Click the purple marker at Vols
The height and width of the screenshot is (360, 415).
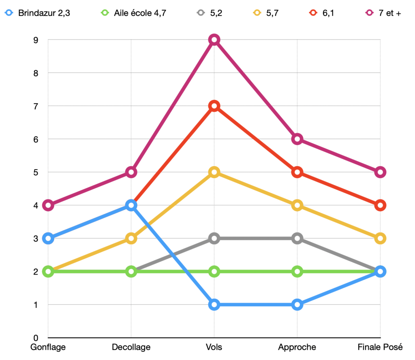pyautogui.click(x=214, y=40)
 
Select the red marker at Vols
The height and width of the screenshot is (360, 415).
pyautogui.click(x=214, y=106)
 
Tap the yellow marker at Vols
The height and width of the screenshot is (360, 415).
pyautogui.click(x=214, y=172)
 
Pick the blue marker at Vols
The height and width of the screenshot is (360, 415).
pyautogui.click(x=214, y=305)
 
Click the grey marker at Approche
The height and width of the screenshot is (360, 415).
pyautogui.click(x=297, y=238)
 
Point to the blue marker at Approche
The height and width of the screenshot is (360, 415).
pyautogui.click(x=297, y=305)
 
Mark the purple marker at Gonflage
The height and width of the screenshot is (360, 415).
pyautogui.click(x=48, y=205)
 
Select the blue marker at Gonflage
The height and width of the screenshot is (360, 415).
pyautogui.click(x=48, y=238)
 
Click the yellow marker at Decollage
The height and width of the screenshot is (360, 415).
pyautogui.click(x=131, y=238)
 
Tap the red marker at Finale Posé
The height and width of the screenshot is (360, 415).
pyautogui.click(x=380, y=205)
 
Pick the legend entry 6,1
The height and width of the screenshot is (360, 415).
pyautogui.click(x=324, y=13)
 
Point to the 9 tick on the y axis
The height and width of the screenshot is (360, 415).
pyautogui.click(x=36, y=40)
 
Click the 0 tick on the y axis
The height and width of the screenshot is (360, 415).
pyautogui.click(x=36, y=338)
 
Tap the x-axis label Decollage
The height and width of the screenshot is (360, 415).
pyautogui.click(x=131, y=347)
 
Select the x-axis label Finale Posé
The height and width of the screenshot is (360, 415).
pyautogui.click(x=380, y=347)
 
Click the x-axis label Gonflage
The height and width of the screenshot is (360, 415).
pyautogui.click(x=48, y=347)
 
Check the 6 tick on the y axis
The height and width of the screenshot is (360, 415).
pyautogui.click(x=36, y=139)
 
